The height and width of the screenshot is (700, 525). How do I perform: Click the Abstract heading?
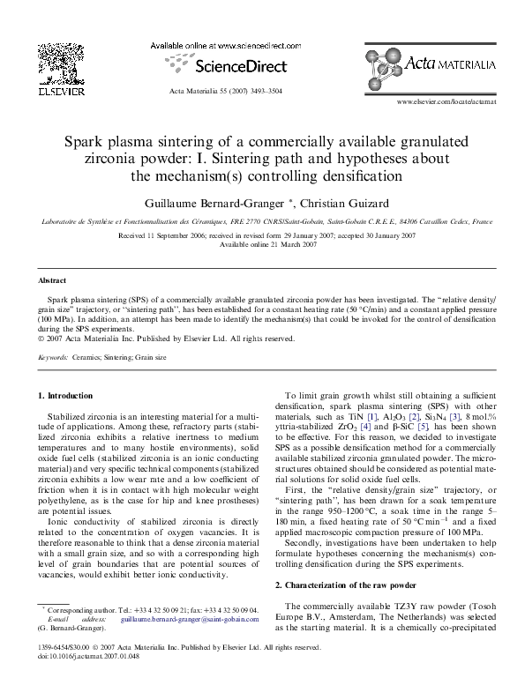[x=52, y=280]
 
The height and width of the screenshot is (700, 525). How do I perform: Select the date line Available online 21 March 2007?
[x=262, y=244]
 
